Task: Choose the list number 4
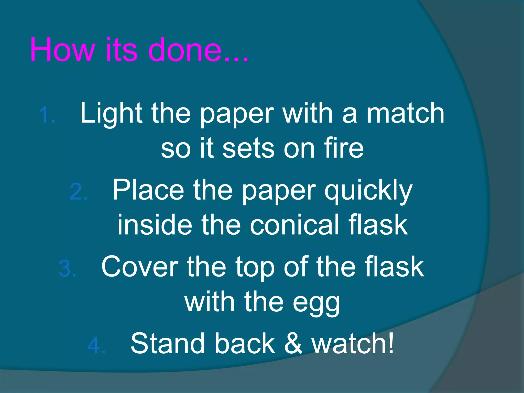coord(96,345)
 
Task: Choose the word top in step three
coord(255,268)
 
